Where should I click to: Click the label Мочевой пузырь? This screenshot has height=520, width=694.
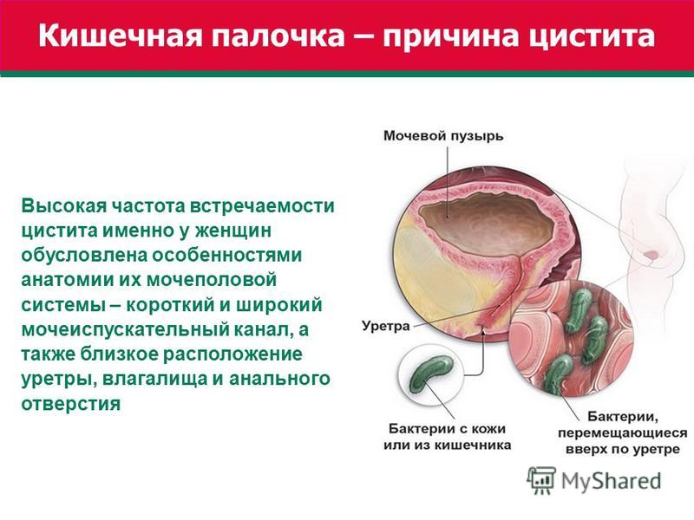[443, 136]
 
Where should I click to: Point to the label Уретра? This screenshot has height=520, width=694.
[385, 327]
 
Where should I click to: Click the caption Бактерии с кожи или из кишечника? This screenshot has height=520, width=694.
[447, 437]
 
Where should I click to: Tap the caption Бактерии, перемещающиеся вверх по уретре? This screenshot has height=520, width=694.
[622, 432]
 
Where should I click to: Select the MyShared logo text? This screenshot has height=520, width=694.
[611, 481]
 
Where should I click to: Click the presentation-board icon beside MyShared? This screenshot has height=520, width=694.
[540, 480]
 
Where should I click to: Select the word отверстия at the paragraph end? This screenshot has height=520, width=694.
[71, 403]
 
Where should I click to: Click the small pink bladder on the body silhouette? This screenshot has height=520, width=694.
[651, 255]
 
